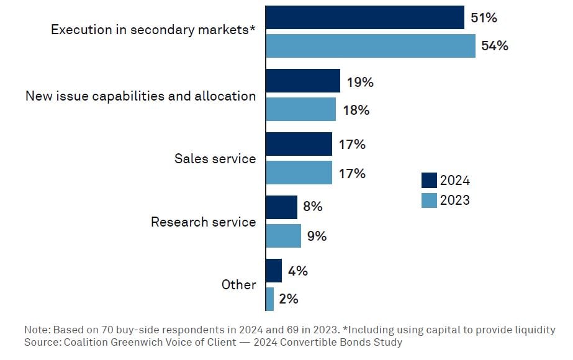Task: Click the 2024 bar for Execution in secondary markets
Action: click(x=364, y=17)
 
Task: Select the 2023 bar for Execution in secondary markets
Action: click(x=370, y=46)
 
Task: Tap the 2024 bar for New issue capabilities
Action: click(x=302, y=81)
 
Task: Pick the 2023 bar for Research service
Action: click(x=283, y=236)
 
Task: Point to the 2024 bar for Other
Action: click(x=273, y=271)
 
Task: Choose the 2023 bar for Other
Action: click(x=269, y=299)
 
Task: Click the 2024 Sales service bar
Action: click(x=299, y=144)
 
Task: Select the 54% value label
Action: click(x=494, y=46)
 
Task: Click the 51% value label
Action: click(x=484, y=18)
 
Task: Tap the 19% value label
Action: click(x=359, y=82)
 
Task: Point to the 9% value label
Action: click(x=317, y=236)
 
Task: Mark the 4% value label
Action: click(x=298, y=271)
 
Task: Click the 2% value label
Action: click(x=289, y=299)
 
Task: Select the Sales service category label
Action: click(x=215, y=159)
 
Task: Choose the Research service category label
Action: click(x=203, y=222)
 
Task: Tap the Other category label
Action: click(x=238, y=285)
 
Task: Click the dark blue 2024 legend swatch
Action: click(x=429, y=181)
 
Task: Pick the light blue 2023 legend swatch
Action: click(x=429, y=200)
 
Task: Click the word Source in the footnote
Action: click(x=40, y=342)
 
